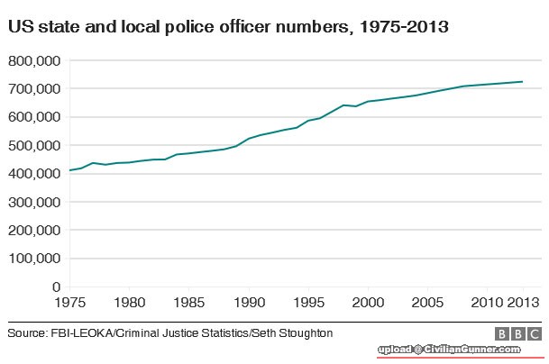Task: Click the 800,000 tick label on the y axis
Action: coord(33,61)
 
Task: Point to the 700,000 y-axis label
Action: coord(33,89)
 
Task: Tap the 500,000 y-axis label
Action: coord(33,145)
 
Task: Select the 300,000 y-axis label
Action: coord(33,202)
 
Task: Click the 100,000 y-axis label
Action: coord(33,259)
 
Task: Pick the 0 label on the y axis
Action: coord(56,287)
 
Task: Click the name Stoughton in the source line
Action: coord(302,333)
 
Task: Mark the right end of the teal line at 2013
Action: coord(523,82)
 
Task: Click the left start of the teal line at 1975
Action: coord(69,170)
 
